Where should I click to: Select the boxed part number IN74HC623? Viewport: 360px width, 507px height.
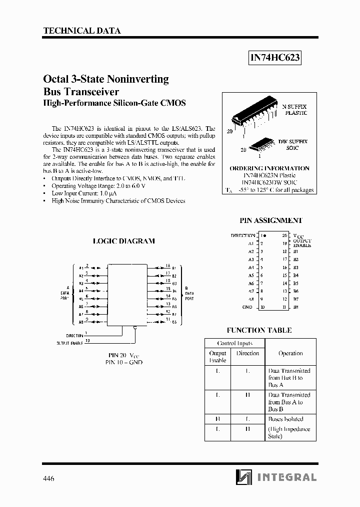point(275,58)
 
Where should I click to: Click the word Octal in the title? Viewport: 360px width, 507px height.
point(55,79)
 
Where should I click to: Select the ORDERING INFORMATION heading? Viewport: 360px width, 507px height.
point(269,168)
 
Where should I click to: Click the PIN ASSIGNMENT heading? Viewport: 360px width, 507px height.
point(271,220)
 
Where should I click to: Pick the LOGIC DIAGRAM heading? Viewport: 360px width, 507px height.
point(124,241)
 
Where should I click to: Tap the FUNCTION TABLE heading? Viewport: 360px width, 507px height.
point(259,330)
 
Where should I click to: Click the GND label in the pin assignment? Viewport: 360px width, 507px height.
point(247,307)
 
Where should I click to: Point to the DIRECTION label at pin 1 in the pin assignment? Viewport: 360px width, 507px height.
point(242,235)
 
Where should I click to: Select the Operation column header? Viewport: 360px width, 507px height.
point(290,353)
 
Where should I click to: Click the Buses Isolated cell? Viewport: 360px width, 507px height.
point(285,419)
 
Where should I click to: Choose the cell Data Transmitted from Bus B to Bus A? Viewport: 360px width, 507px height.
point(289,378)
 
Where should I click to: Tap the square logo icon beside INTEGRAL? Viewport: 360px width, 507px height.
point(244,477)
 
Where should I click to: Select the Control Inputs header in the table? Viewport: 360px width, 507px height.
point(234,343)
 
